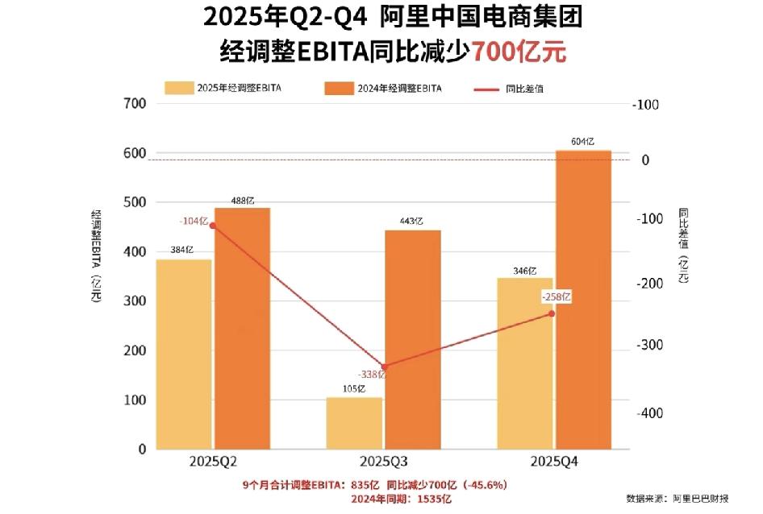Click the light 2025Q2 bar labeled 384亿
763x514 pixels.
click(184, 354)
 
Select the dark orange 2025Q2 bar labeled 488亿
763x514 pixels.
click(242, 329)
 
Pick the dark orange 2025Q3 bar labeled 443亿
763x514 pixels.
click(413, 339)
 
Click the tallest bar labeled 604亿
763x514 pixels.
click(583, 300)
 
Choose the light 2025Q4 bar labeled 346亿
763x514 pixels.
click(525, 363)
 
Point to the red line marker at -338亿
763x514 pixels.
click(384, 367)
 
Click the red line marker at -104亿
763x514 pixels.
click(213, 226)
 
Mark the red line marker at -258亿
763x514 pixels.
click(552, 313)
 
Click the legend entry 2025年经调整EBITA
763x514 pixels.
click(228, 89)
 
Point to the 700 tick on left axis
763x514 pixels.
click(135, 104)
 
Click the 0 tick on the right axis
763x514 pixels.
click(646, 160)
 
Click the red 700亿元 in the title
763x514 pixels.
click(519, 51)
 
